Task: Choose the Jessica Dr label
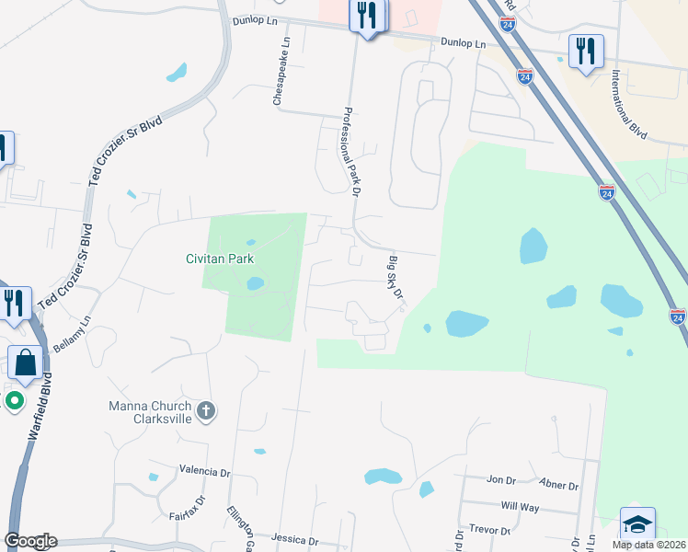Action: [294, 541]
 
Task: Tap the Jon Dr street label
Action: [501, 480]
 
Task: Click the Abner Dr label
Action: [560, 486]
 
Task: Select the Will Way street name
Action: [520, 506]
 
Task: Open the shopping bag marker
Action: [25, 364]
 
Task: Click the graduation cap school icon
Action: [637, 524]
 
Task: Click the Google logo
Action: [30, 541]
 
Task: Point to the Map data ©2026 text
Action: [648, 545]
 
